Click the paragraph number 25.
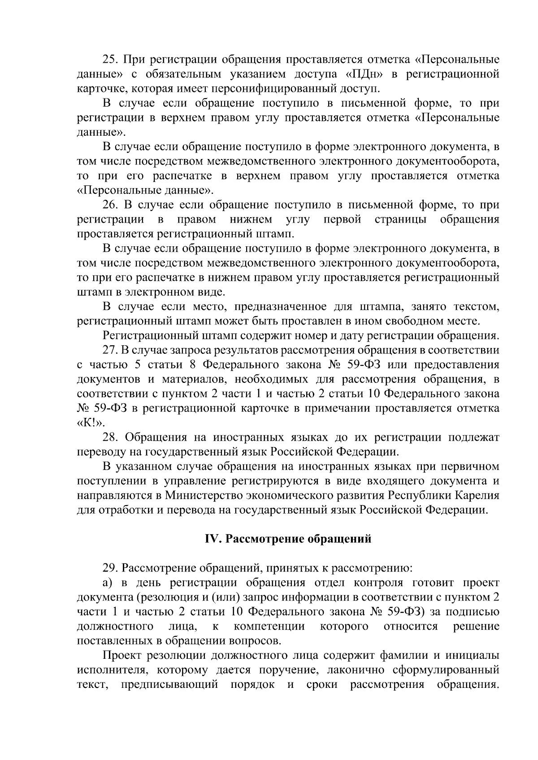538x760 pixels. [110, 60]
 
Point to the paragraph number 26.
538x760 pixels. [110, 205]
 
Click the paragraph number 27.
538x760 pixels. [110, 350]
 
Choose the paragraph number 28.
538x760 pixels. [110, 438]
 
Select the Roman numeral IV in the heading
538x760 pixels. [211, 539]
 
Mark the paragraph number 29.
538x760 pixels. [110, 569]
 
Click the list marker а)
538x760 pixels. [107, 583]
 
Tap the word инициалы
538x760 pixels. [472, 656]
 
